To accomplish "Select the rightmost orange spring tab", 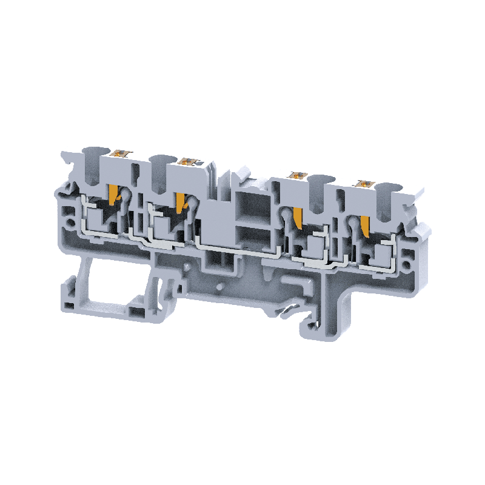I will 365,226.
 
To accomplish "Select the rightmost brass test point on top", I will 364,182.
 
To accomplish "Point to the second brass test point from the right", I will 297,176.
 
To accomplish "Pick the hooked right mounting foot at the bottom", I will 324,315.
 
